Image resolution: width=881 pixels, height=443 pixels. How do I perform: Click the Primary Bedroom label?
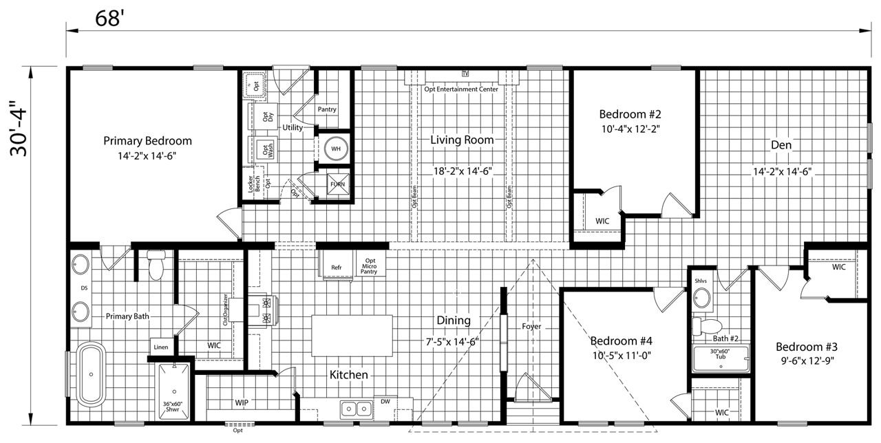pyautogui.click(x=147, y=141)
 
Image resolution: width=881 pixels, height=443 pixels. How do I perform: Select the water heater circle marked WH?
pyautogui.click(x=336, y=149)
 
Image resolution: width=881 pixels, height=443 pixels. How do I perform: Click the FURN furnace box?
pyautogui.click(x=337, y=184)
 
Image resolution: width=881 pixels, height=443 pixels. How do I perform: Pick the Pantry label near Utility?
pyautogui.click(x=327, y=109)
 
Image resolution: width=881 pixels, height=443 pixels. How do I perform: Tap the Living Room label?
pyautogui.click(x=462, y=140)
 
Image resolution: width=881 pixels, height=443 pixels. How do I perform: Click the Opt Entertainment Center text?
pyautogui.click(x=461, y=89)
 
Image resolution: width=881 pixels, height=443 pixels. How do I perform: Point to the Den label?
pyautogui.click(x=781, y=145)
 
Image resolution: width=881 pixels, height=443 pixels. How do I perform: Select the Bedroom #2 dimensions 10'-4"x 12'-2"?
pyautogui.click(x=630, y=129)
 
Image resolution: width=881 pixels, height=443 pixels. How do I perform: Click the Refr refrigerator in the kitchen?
pyautogui.click(x=337, y=267)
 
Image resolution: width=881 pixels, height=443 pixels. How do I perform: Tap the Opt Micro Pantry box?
pyautogui.click(x=370, y=266)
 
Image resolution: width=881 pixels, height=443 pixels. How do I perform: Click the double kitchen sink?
pyautogui.click(x=356, y=409)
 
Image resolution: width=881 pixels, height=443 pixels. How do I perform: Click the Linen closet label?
pyautogui.click(x=161, y=347)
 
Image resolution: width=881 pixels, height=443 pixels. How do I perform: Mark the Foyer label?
pyautogui.click(x=531, y=326)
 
